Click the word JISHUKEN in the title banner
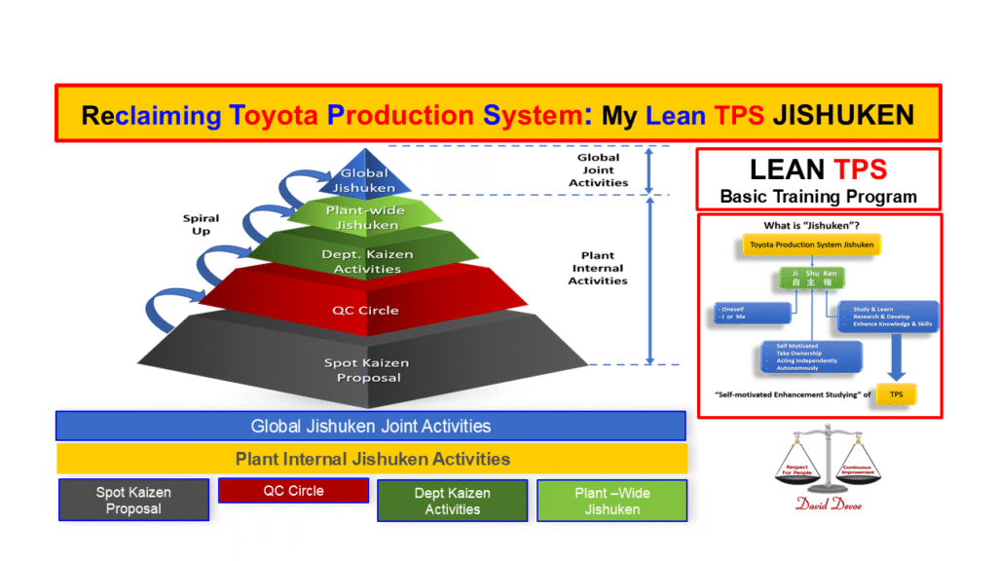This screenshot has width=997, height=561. coord(842,115)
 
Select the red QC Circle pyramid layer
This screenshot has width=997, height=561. coord(366,310)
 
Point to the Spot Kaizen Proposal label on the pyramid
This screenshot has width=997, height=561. coord(366,370)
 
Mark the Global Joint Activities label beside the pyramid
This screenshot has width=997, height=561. coord(598,169)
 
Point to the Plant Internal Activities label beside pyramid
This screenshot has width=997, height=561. coord(598,269)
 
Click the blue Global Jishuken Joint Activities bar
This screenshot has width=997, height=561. coord(371,426)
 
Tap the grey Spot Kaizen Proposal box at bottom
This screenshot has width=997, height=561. coord(133,501)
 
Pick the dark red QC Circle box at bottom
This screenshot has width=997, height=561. coord(293,491)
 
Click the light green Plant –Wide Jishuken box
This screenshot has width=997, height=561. coord(611,501)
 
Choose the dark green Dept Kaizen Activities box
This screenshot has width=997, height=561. coord(452,501)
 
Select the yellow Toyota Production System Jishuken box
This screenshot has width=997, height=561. coord(810,243)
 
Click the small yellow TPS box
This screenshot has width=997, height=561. coord(895,394)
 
